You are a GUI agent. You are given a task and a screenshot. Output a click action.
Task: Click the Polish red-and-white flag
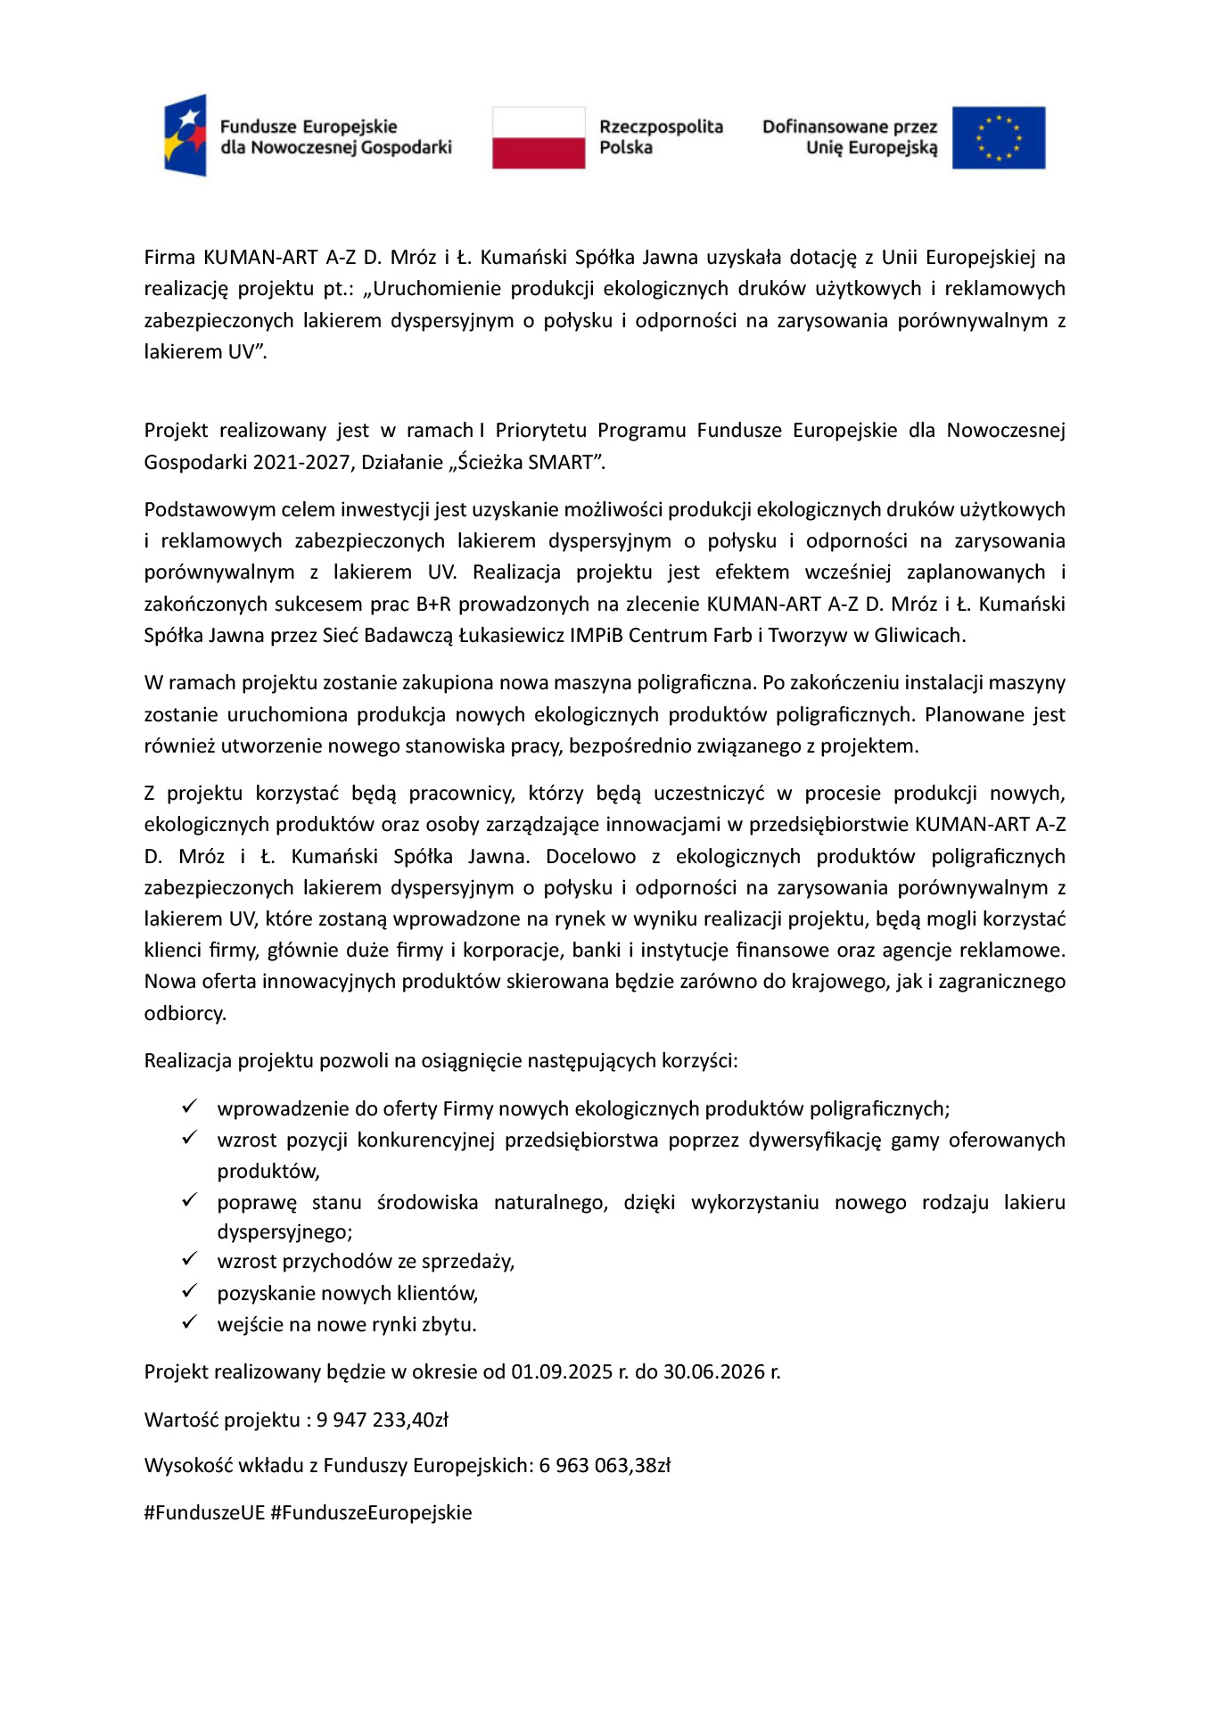pos(539,137)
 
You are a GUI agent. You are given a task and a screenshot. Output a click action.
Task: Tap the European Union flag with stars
pos(998,137)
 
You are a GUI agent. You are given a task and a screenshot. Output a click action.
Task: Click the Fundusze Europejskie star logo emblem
pos(185,136)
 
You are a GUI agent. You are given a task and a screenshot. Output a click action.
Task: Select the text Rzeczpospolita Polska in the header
pos(660,137)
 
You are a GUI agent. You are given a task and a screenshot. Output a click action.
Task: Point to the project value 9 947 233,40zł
pos(383,1420)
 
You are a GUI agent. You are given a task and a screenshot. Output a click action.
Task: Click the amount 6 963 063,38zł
pos(605,1465)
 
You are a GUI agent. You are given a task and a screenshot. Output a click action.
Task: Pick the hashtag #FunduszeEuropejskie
pos(371,1512)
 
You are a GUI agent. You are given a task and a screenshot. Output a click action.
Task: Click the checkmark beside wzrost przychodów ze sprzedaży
pos(189,1259)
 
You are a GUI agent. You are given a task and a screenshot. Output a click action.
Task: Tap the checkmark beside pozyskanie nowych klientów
pos(189,1290)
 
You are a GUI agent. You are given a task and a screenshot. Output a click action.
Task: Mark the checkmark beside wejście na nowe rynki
pos(189,1321)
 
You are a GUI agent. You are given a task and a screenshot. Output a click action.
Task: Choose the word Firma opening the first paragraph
pos(169,258)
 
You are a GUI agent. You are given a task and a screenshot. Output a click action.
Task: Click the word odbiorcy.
pos(185,1013)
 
